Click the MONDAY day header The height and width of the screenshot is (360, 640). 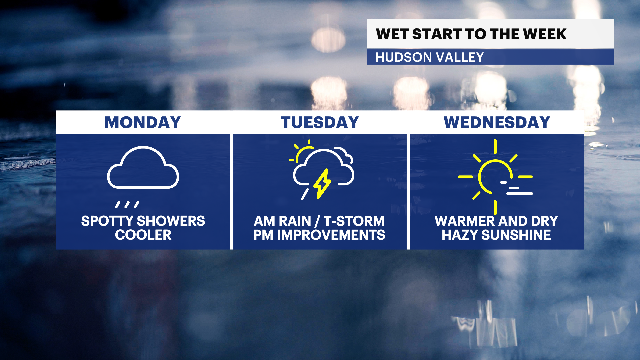(143, 122)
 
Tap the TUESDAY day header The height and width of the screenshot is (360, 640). (320, 122)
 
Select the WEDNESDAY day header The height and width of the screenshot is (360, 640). (497, 122)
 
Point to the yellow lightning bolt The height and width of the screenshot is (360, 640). (322, 184)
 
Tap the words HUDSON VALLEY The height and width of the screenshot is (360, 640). (429, 57)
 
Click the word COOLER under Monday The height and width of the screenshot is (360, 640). (143, 235)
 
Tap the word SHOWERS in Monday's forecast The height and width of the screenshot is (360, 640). (171, 221)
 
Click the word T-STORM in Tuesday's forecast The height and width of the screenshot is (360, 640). (354, 221)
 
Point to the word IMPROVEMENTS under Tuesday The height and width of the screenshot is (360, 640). (331, 235)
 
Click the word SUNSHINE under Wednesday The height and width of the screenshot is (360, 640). (516, 235)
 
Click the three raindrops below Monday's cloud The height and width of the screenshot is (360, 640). (127, 205)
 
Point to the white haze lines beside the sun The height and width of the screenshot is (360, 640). (516, 188)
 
